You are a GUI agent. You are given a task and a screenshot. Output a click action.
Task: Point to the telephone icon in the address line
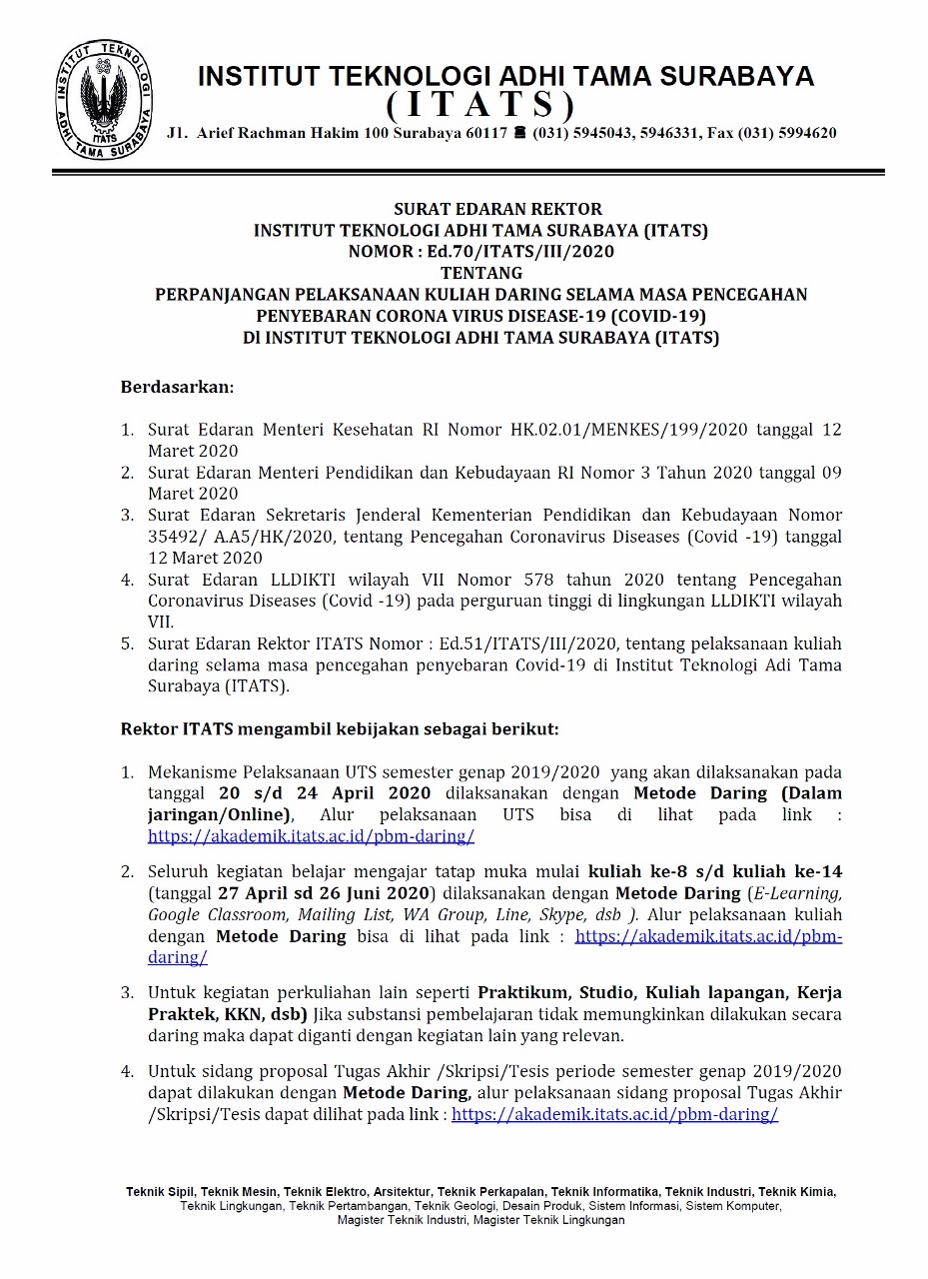click(x=519, y=133)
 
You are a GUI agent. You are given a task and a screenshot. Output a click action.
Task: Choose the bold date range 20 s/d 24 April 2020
click(x=325, y=793)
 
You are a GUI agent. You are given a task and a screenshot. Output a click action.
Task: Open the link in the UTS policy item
click(x=311, y=837)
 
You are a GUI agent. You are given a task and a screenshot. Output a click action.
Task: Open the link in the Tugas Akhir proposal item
click(x=614, y=1114)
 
